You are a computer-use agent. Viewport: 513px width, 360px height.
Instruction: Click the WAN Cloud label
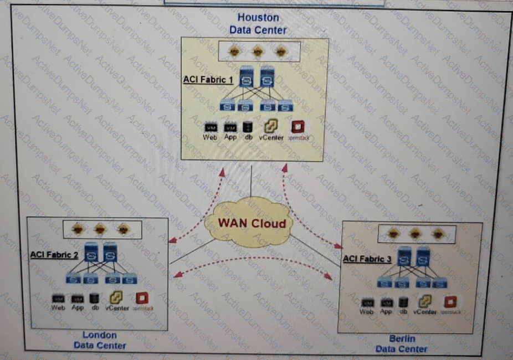pos(252,224)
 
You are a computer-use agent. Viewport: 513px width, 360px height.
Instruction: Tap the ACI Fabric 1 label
pos(208,80)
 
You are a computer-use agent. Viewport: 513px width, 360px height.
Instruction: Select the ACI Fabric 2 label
pos(54,255)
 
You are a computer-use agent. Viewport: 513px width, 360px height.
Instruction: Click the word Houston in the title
pos(258,18)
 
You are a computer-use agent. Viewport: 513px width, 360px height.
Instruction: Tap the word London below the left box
pos(100,335)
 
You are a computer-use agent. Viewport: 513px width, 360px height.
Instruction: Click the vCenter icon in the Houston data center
pos(270,127)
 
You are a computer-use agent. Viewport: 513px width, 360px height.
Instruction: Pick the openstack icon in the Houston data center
pos(299,127)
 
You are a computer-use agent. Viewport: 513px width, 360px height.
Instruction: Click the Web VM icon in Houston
pos(210,128)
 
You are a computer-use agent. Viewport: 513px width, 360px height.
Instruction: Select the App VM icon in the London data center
pos(77,299)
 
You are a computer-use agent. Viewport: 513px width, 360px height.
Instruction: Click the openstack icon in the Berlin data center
pos(450,302)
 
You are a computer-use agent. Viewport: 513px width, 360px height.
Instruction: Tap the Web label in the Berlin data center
pos(366,312)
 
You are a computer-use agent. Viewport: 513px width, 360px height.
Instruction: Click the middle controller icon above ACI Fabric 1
pos(257,51)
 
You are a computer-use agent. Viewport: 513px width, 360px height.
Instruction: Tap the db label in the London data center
pos(95,307)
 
